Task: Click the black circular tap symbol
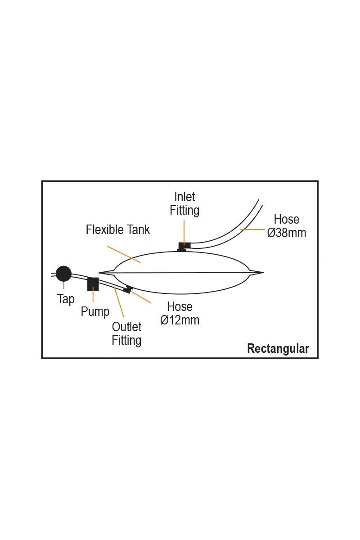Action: click(63, 274)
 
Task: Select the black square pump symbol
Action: click(93, 284)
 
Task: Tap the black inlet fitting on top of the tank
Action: click(184, 246)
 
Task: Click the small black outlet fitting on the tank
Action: click(128, 289)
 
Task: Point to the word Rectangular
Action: click(278, 349)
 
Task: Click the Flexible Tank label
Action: click(118, 230)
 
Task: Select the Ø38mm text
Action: click(287, 233)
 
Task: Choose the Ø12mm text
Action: click(180, 320)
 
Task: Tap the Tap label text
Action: click(66, 299)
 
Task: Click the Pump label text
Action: click(95, 311)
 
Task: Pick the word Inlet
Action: click(184, 197)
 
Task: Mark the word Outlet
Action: click(126, 327)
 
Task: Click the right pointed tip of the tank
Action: click(262, 272)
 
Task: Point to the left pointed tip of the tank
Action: click(100, 272)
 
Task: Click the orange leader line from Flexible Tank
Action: click(124, 254)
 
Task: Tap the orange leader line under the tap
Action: click(63, 285)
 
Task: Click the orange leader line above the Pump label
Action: click(93, 296)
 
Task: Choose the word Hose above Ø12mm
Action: click(180, 307)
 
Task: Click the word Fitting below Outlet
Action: click(126, 340)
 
